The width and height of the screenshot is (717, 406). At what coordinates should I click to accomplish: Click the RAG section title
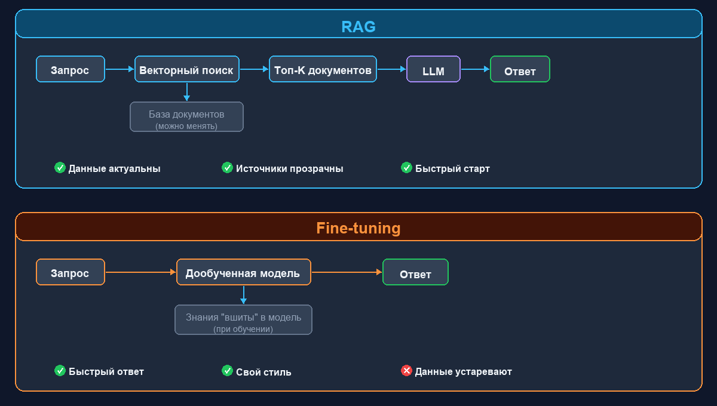[358, 27]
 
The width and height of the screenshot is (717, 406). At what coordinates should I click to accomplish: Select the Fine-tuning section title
[358, 229]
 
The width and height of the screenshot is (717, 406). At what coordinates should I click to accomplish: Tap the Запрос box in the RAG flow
[71, 69]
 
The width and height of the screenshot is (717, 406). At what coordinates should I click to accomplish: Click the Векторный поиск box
[187, 69]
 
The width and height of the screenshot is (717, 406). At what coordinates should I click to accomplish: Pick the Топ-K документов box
[323, 69]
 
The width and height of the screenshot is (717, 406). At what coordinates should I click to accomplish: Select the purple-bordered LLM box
[433, 69]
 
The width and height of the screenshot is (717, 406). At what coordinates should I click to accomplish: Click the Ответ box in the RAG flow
[520, 69]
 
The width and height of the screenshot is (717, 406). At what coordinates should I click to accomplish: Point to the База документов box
[186, 117]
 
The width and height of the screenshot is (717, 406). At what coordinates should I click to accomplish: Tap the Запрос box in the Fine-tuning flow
[71, 272]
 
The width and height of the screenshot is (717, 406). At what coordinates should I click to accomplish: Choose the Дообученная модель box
[244, 272]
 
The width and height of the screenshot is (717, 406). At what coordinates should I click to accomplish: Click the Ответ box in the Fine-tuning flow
[415, 272]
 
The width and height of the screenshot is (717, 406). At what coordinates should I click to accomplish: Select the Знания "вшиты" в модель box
[243, 320]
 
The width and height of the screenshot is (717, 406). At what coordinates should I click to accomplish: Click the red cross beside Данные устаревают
[406, 371]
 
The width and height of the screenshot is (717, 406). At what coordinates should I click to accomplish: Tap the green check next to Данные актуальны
[60, 168]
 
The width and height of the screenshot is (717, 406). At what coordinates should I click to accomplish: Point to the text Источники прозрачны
[290, 168]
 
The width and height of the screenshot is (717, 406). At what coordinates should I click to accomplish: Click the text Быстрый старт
[452, 168]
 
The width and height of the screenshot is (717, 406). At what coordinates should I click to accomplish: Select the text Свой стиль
[263, 371]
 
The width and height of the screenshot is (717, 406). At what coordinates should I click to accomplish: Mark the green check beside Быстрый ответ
[60, 371]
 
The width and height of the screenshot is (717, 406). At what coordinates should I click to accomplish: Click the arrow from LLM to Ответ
[475, 69]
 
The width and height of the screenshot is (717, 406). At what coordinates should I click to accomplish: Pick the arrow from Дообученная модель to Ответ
[347, 272]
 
